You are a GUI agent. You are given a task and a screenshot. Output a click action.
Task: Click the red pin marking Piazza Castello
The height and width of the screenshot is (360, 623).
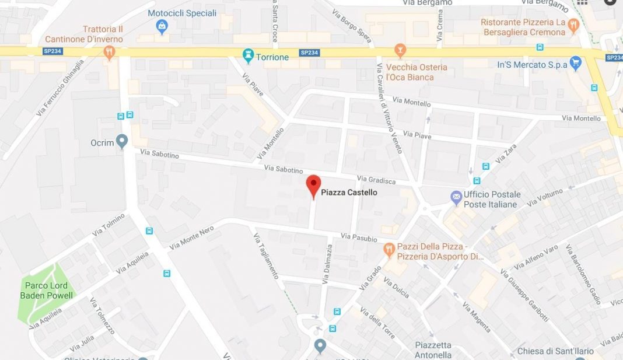314,185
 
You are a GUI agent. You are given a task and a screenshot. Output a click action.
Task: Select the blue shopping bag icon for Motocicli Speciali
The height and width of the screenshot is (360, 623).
162,26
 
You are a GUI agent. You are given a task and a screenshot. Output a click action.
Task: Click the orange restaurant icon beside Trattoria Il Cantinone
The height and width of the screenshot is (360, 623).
109,51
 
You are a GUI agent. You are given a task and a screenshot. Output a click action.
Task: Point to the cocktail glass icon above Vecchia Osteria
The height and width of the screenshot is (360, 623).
400,50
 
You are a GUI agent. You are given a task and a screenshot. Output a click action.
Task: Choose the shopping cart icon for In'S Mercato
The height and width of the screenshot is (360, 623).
576,64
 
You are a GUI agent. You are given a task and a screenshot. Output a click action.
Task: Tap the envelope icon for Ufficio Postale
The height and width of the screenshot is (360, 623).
456,198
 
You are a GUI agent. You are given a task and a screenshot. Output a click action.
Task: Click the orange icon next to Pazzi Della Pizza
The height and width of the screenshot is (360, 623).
389,250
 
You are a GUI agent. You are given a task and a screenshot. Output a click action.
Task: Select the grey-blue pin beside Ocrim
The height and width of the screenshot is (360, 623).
121,142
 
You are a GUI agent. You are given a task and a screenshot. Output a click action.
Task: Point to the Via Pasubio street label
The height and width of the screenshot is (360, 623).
359,237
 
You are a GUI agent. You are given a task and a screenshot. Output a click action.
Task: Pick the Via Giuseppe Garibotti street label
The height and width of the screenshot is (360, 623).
524,296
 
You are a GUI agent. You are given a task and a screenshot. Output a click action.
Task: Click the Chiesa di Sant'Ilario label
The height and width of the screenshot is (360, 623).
555,351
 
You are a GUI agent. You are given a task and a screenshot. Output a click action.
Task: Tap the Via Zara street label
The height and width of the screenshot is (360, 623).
506,154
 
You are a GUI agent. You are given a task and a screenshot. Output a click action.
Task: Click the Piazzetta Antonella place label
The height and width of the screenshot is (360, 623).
433,350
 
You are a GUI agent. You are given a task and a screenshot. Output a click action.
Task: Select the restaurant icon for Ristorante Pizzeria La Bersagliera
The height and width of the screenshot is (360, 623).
573,25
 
